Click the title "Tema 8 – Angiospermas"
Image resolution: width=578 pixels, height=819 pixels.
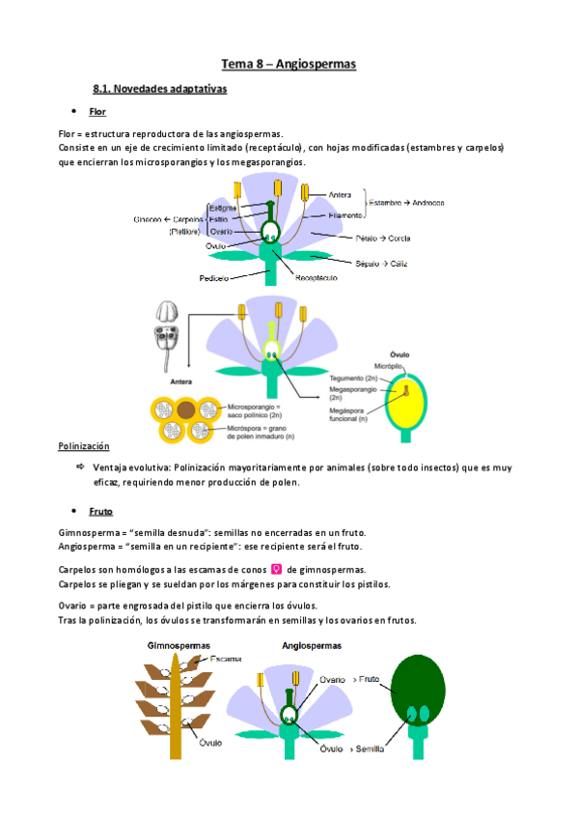pyautogui.click(x=289, y=65)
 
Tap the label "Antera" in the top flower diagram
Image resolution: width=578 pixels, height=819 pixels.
pyautogui.click(x=340, y=192)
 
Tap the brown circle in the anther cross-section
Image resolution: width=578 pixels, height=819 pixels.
pyautogui.click(x=186, y=410)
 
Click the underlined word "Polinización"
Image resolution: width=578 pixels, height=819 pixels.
pyautogui.click(x=84, y=446)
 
